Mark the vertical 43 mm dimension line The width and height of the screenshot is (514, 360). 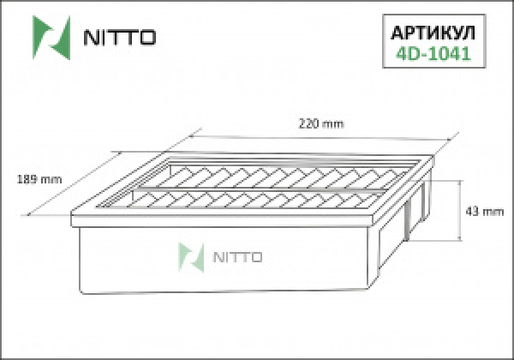462,210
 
